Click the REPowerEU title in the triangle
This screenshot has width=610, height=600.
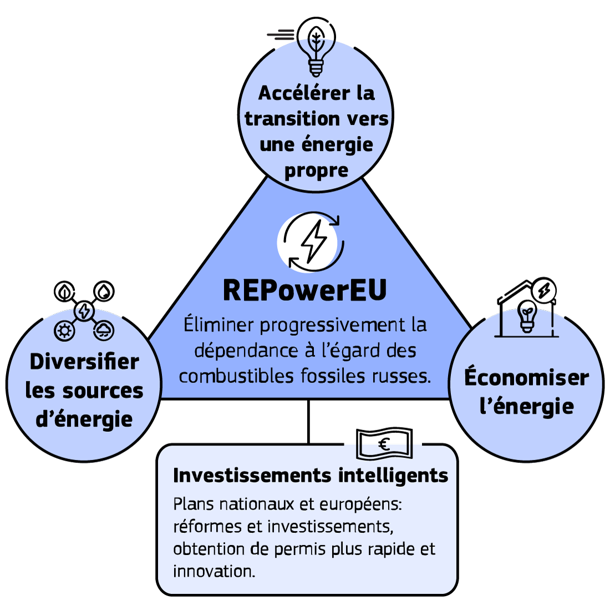[304, 291]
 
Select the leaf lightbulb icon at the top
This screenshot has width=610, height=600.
[316, 46]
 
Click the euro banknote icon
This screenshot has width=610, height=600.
[383, 443]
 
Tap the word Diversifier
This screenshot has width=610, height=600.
[84, 362]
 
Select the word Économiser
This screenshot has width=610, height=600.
[526, 378]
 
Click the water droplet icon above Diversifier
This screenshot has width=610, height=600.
[104, 291]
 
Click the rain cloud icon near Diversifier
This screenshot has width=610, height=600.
[104, 331]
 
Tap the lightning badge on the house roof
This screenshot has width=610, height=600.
[543, 290]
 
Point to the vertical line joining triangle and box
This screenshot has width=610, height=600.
[308, 421]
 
